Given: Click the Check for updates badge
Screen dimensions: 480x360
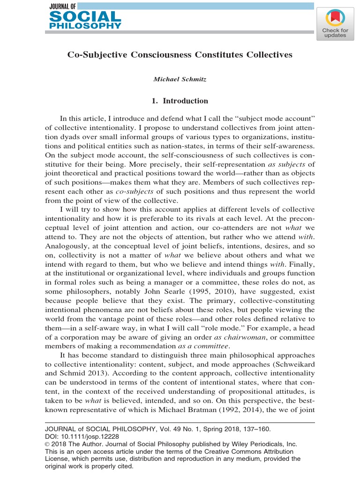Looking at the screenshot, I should [x=334, y=23].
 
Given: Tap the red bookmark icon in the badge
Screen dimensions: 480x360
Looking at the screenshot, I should [x=334, y=18].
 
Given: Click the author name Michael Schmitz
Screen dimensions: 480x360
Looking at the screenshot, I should [x=180, y=79].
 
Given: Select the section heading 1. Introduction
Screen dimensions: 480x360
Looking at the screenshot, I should [x=180, y=101].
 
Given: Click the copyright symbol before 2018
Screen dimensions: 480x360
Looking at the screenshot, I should [x=47, y=444].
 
